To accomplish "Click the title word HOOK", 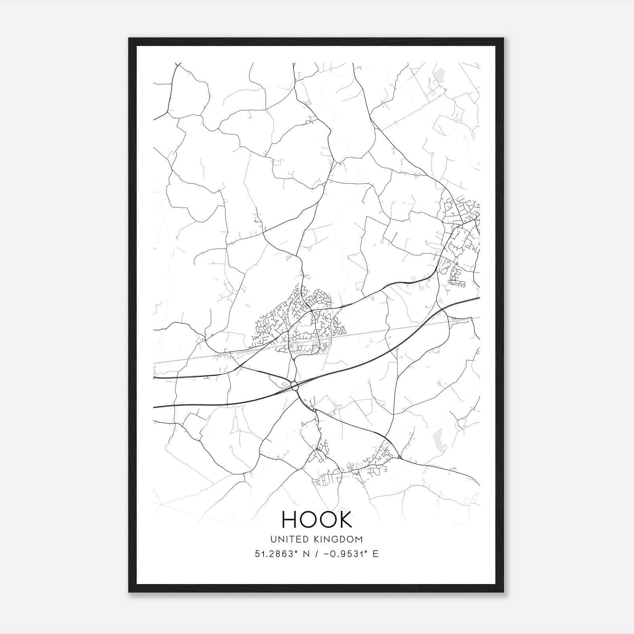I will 317,519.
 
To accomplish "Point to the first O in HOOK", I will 308,519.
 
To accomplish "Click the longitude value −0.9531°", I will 344,554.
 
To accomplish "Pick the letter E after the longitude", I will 375,554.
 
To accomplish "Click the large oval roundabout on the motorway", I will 294,385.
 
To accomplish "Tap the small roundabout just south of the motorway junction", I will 314,411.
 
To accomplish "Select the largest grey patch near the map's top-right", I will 439,74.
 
